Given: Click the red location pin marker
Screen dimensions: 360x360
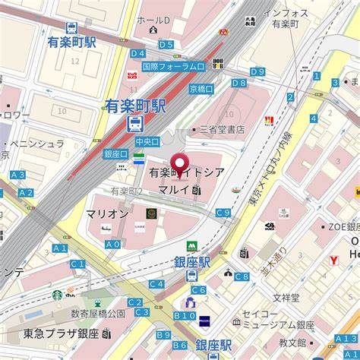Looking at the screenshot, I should (179, 163).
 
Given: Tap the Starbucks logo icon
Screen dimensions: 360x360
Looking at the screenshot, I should (57, 295).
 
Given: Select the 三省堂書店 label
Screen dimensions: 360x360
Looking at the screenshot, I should (222, 129).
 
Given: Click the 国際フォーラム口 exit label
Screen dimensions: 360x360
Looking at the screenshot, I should (173, 67).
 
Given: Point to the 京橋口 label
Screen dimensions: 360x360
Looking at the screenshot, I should (201, 89).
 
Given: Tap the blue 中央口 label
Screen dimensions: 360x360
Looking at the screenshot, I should (147, 141).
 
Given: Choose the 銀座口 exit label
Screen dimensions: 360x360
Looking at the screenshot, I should (115, 153).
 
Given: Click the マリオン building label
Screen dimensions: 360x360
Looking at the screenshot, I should (106, 213).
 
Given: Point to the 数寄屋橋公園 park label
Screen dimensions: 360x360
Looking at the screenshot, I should (97, 313).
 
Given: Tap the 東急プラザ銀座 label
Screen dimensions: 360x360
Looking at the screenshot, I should (71, 333).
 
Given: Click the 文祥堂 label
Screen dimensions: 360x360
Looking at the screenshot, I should (286, 297).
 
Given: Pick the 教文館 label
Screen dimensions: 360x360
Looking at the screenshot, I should (292, 343).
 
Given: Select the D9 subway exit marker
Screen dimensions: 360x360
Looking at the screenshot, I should (257, 71).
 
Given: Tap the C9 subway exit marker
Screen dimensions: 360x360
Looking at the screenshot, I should (223, 213).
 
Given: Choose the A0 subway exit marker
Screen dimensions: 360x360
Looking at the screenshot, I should (112, 244).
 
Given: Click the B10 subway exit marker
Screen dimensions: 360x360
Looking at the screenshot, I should (184, 315).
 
